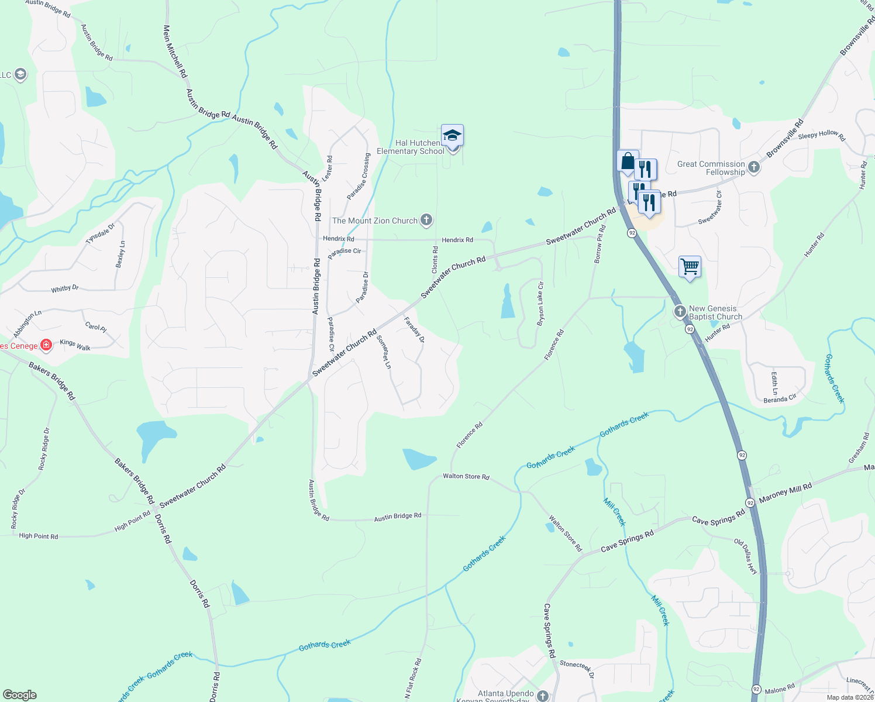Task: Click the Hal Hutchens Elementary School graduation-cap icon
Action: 452,136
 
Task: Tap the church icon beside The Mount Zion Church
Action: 426,221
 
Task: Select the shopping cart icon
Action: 690,267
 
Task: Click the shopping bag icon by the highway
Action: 627,161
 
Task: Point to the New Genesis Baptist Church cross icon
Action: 680,312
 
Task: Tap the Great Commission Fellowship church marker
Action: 754,168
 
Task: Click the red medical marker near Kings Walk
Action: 46,345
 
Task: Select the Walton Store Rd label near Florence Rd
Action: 466,476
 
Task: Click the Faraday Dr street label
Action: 414,329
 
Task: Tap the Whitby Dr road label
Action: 65,288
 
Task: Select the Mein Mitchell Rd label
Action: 175,51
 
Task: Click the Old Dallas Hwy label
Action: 746,556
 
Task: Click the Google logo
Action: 19,694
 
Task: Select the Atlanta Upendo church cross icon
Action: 543,696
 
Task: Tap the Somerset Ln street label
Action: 384,352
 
